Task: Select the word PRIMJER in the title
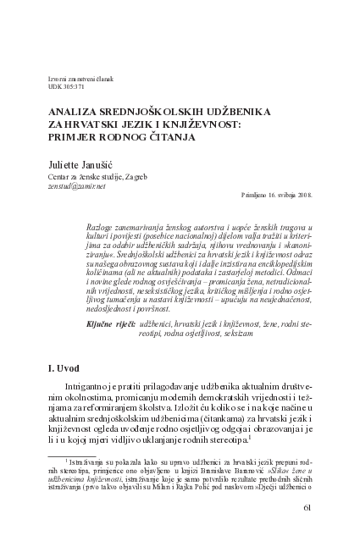pos(75,135)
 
